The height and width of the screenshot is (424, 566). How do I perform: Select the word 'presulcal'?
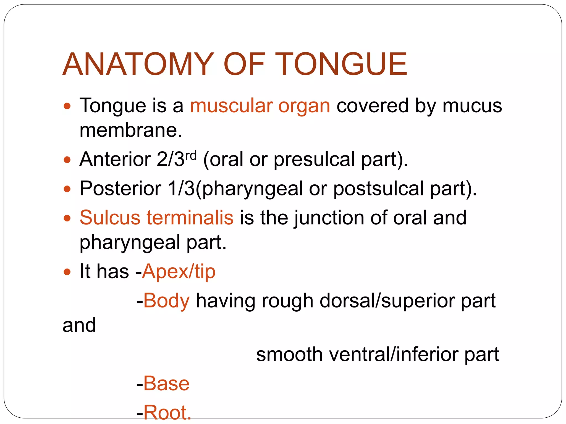314,160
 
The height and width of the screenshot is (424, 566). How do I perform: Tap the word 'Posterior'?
120,189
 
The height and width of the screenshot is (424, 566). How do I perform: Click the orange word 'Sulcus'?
110,218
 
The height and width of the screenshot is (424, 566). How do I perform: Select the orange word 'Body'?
166,301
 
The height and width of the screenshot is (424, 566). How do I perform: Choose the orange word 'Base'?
166,384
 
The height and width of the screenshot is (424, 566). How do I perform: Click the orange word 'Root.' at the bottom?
167,413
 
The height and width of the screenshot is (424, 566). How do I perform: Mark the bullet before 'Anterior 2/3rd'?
67,160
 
